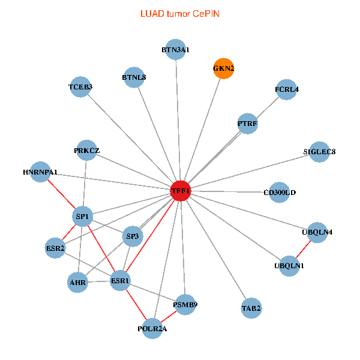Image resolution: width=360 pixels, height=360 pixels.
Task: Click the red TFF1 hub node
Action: coord(181,191)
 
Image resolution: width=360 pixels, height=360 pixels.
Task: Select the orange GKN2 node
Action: coord(223,68)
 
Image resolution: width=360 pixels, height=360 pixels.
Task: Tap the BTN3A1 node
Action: coord(176,50)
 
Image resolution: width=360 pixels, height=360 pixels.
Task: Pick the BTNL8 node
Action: coord(134,77)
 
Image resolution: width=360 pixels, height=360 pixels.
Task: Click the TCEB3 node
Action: coord(80,87)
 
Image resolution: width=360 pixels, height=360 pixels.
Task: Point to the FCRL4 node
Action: coord(286,89)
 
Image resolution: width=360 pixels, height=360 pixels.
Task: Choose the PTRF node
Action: coord(247,124)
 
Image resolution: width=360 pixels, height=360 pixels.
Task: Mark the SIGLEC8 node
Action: coord(319,151)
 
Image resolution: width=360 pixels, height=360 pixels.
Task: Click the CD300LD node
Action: coord(280,193)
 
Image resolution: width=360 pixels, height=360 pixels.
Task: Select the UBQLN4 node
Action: coord(316,232)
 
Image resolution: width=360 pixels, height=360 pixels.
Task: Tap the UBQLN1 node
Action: coord(289,266)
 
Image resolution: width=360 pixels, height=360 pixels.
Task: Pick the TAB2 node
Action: coord(251,308)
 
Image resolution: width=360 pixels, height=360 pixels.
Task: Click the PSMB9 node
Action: coord(185,304)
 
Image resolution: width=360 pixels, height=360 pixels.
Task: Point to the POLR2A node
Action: coord(152,328)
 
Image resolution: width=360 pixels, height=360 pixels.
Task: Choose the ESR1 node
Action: coord(121,280)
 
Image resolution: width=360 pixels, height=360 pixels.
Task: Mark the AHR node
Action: coord(77,282)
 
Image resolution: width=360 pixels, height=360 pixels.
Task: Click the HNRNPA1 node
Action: coord(40,172)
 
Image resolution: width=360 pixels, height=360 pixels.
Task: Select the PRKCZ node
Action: coord(86,150)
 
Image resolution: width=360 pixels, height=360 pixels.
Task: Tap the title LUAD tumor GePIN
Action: coord(180,13)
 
